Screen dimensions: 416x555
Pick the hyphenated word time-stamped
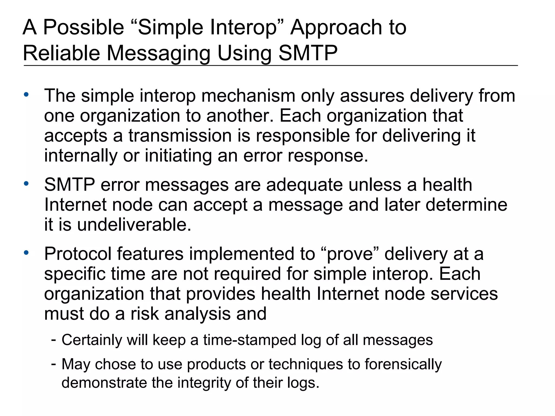[250, 340]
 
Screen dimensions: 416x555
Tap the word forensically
[403, 364]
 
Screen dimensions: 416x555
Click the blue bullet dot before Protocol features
[26, 253]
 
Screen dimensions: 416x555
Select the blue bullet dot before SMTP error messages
[26, 184]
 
